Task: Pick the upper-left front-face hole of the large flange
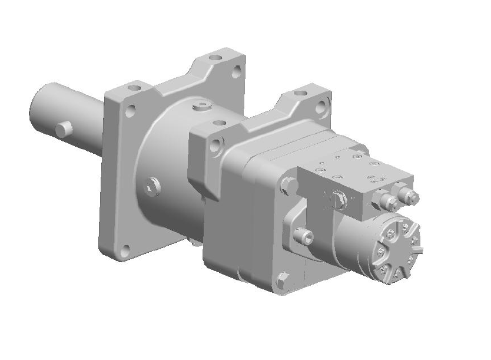[x=131, y=109]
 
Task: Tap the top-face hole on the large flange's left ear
[x=137, y=87]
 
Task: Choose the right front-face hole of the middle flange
[x=320, y=108]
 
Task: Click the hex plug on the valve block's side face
[x=338, y=200]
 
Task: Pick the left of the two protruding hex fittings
[x=389, y=202]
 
